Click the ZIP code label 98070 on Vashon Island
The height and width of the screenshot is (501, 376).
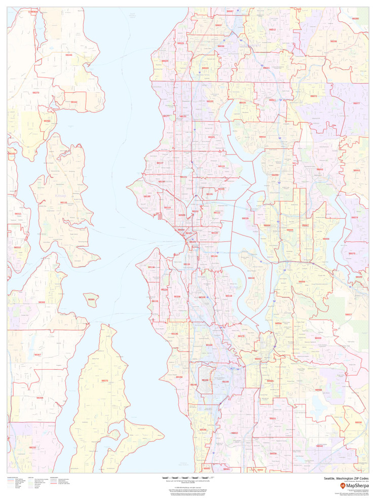[x=104, y=380]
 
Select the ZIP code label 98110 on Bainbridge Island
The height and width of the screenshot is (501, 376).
[x=64, y=202]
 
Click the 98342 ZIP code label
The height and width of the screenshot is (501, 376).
[x=74, y=102]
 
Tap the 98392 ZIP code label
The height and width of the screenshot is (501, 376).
[x=47, y=121]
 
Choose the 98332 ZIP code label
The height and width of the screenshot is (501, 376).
[x=32, y=447]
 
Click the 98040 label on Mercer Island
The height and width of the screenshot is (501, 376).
[x=251, y=278]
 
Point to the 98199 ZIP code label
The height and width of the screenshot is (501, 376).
[x=147, y=196]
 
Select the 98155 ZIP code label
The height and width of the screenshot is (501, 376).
[x=210, y=101]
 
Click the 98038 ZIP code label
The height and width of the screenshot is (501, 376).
[x=358, y=422]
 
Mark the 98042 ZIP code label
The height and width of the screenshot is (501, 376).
[x=319, y=446]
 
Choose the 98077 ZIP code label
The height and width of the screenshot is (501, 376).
[x=356, y=103]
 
